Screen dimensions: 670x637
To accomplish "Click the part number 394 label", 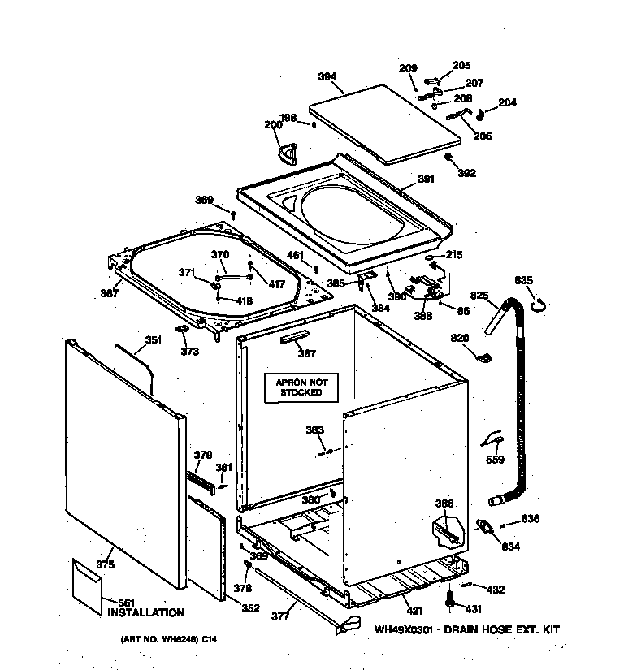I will pos(327,77).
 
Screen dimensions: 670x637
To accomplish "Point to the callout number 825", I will pos(479,296).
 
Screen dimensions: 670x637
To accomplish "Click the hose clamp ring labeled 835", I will pos(538,305).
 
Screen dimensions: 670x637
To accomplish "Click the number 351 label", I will pos(153,341).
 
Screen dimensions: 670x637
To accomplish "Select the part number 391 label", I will pos(426,179).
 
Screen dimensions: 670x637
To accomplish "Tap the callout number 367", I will pos(110,294).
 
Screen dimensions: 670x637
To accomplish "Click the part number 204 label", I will pos(506,103).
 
